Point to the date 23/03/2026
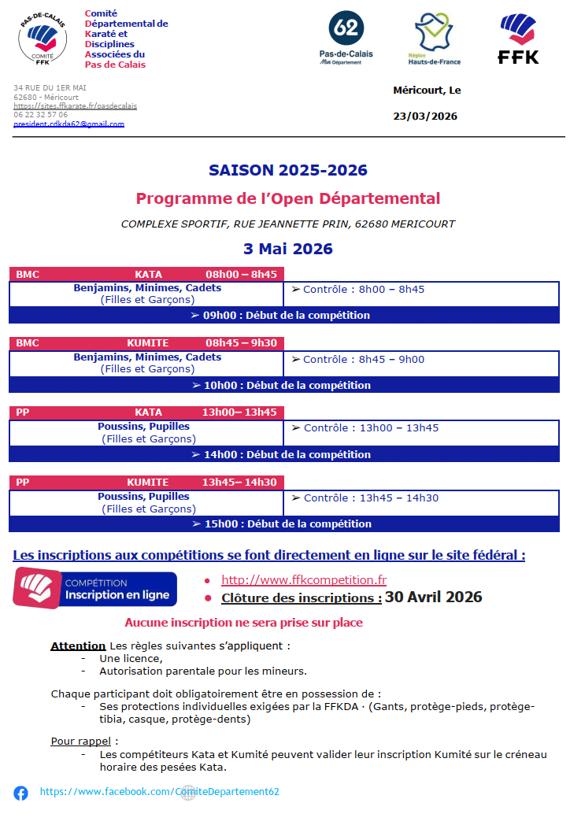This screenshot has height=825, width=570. pyautogui.click(x=425, y=117)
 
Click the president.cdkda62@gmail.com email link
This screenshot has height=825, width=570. pyautogui.click(x=68, y=124)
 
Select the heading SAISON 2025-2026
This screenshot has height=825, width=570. pyautogui.click(x=287, y=170)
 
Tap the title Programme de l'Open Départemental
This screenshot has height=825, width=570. pyautogui.click(x=287, y=198)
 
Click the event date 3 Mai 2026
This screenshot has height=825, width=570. pyautogui.click(x=287, y=249)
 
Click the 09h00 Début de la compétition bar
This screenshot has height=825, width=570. pyautogui.click(x=284, y=315)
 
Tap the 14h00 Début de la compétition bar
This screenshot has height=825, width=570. pyautogui.click(x=284, y=454)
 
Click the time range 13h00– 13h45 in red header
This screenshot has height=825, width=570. pyautogui.click(x=239, y=412)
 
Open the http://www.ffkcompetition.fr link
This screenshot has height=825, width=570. pyautogui.click(x=304, y=580)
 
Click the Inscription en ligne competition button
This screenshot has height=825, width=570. pyautogui.click(x=95, y=589)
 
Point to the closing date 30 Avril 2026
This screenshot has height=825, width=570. pyautogui.click(x=433, y=597)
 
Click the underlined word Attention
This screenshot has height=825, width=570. pyautogui.click(x=78, y=646)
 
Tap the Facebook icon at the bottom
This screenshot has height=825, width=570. pyautogui.click(x=20, y=793)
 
